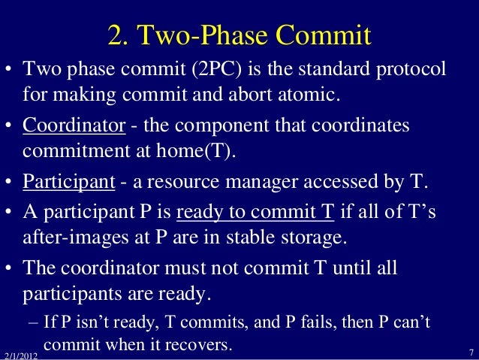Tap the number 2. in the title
coord(120,35)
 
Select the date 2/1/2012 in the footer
coord(20,354)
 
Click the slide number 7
coord(469,352)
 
